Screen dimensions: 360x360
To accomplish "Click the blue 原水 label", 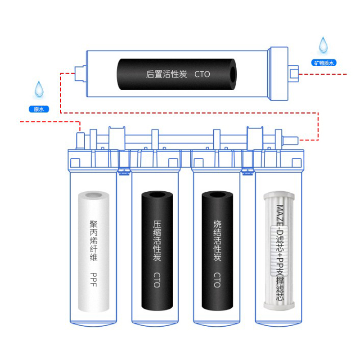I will (x=38, y=109).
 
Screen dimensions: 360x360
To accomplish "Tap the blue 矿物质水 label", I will (x=323, y=63).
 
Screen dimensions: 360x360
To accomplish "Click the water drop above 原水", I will (x=39, y=89).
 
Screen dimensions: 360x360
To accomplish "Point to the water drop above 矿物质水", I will (x=323, y=45).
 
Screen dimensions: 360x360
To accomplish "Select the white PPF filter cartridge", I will (x=94, y=252).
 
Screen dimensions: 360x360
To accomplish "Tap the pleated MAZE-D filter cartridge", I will (x=279, y=252).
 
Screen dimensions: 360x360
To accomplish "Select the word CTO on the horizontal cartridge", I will (x=202, y=74).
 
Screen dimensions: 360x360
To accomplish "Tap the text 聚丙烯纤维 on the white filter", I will (x=94, y=241).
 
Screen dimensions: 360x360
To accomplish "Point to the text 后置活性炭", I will (x=166, y=74).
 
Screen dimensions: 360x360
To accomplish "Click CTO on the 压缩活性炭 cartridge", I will (x=157, y=280).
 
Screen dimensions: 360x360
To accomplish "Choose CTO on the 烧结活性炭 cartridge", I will (x=217, y=280).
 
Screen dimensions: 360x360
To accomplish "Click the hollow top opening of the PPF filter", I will (x=94, y=196).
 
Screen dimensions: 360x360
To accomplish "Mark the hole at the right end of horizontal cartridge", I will (x=232, y=74).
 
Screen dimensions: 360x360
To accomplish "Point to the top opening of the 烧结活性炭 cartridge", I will (x=217, y=196).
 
